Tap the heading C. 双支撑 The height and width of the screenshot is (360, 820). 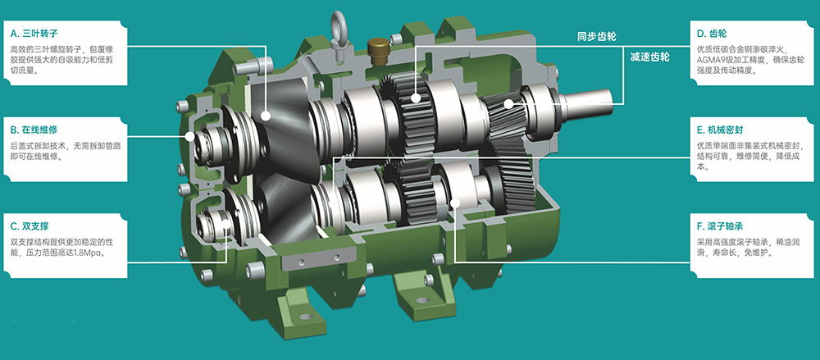pos(30,226)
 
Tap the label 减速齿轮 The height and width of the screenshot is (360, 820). pos(650,57)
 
